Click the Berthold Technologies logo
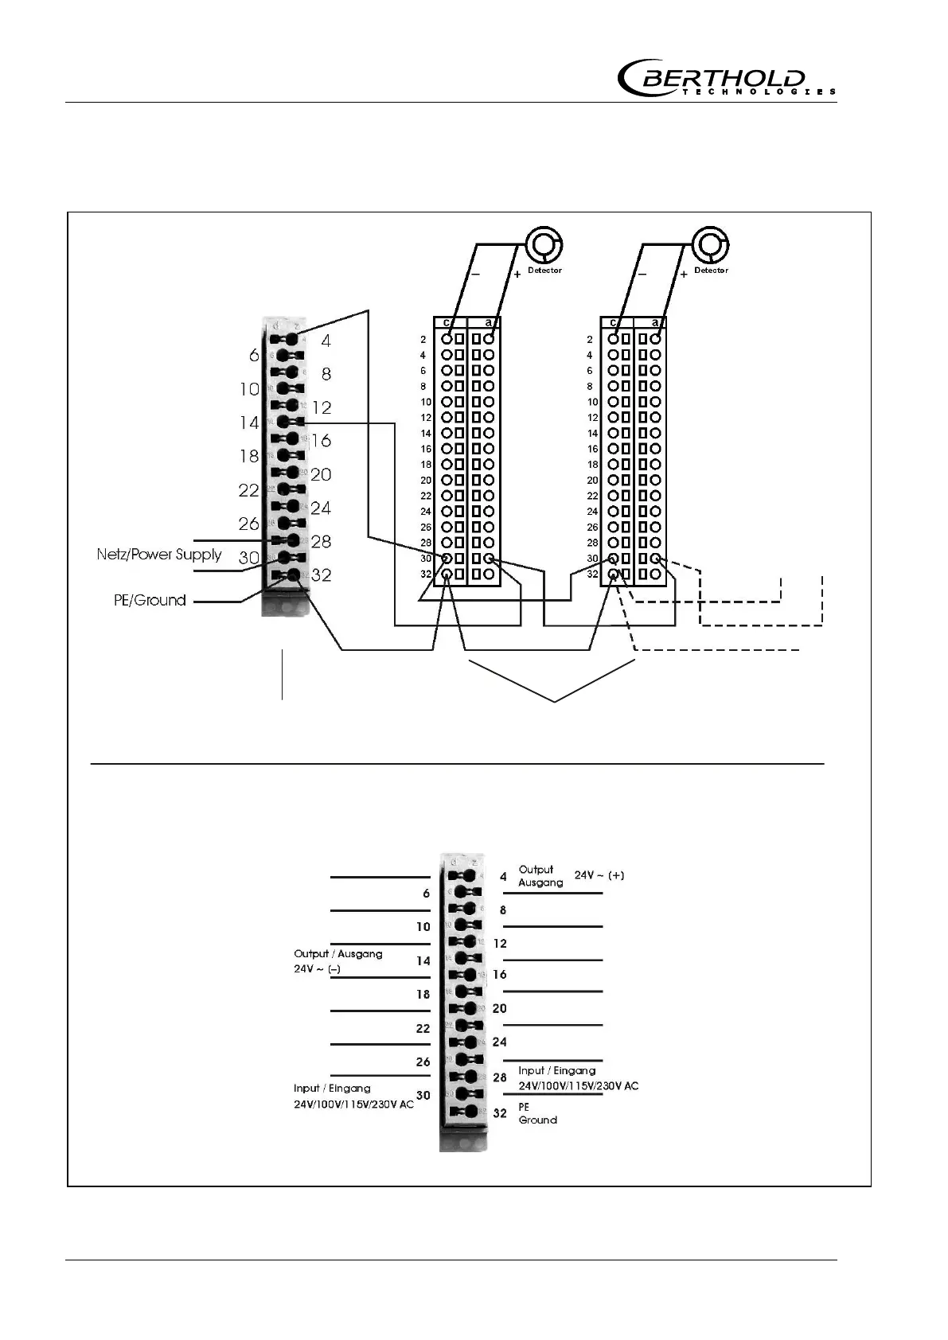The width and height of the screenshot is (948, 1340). (726, 79)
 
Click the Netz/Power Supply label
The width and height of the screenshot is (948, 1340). (159, 554)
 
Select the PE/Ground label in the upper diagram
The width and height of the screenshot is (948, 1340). (150, 600)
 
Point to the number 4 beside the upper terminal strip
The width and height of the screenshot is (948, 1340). (326, 341)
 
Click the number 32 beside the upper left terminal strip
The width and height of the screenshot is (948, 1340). (321, 575)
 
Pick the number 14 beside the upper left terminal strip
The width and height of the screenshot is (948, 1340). (249, 423)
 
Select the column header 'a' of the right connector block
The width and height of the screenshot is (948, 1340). (655, 323)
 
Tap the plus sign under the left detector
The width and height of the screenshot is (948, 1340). (517, 275)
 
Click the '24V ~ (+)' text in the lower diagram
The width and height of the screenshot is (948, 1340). (599, 875)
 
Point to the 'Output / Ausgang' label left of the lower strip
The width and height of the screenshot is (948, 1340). (338, 953)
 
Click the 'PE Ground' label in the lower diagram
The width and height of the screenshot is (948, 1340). (537, 1113)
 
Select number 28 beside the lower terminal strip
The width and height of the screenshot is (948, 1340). (500, 1077)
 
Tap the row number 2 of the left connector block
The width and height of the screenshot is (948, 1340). (423, 340)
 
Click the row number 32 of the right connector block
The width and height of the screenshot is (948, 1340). (592, 574)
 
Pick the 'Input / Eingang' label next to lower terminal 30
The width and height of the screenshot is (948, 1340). (332, 1088)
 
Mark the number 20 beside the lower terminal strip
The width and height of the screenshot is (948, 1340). (499, 1008)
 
